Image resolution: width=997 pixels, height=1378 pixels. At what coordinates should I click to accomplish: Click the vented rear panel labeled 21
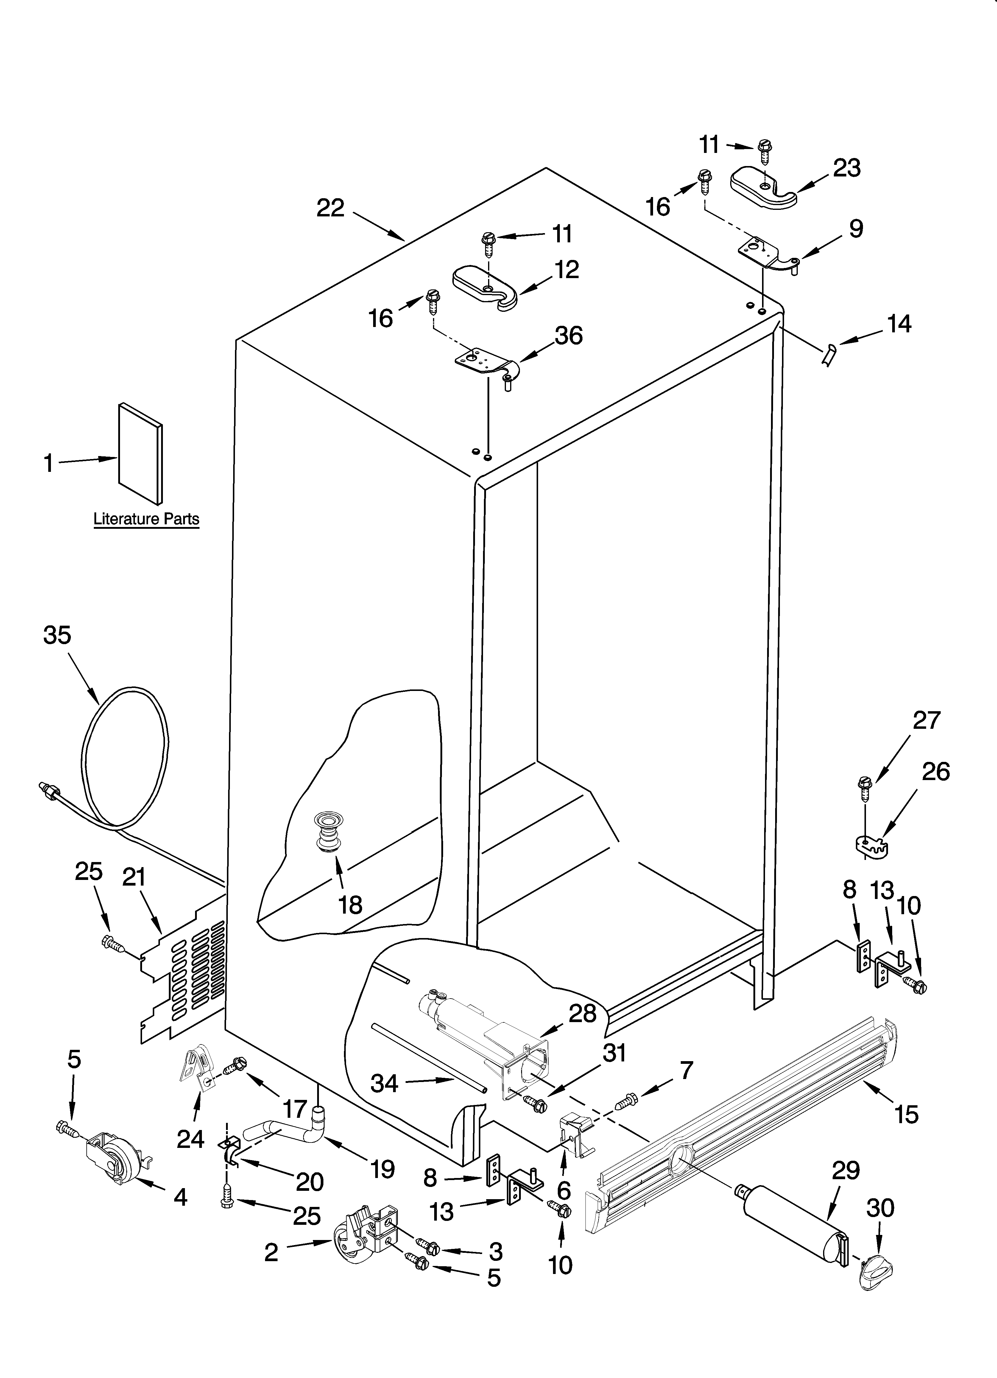tap(182, 978)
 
